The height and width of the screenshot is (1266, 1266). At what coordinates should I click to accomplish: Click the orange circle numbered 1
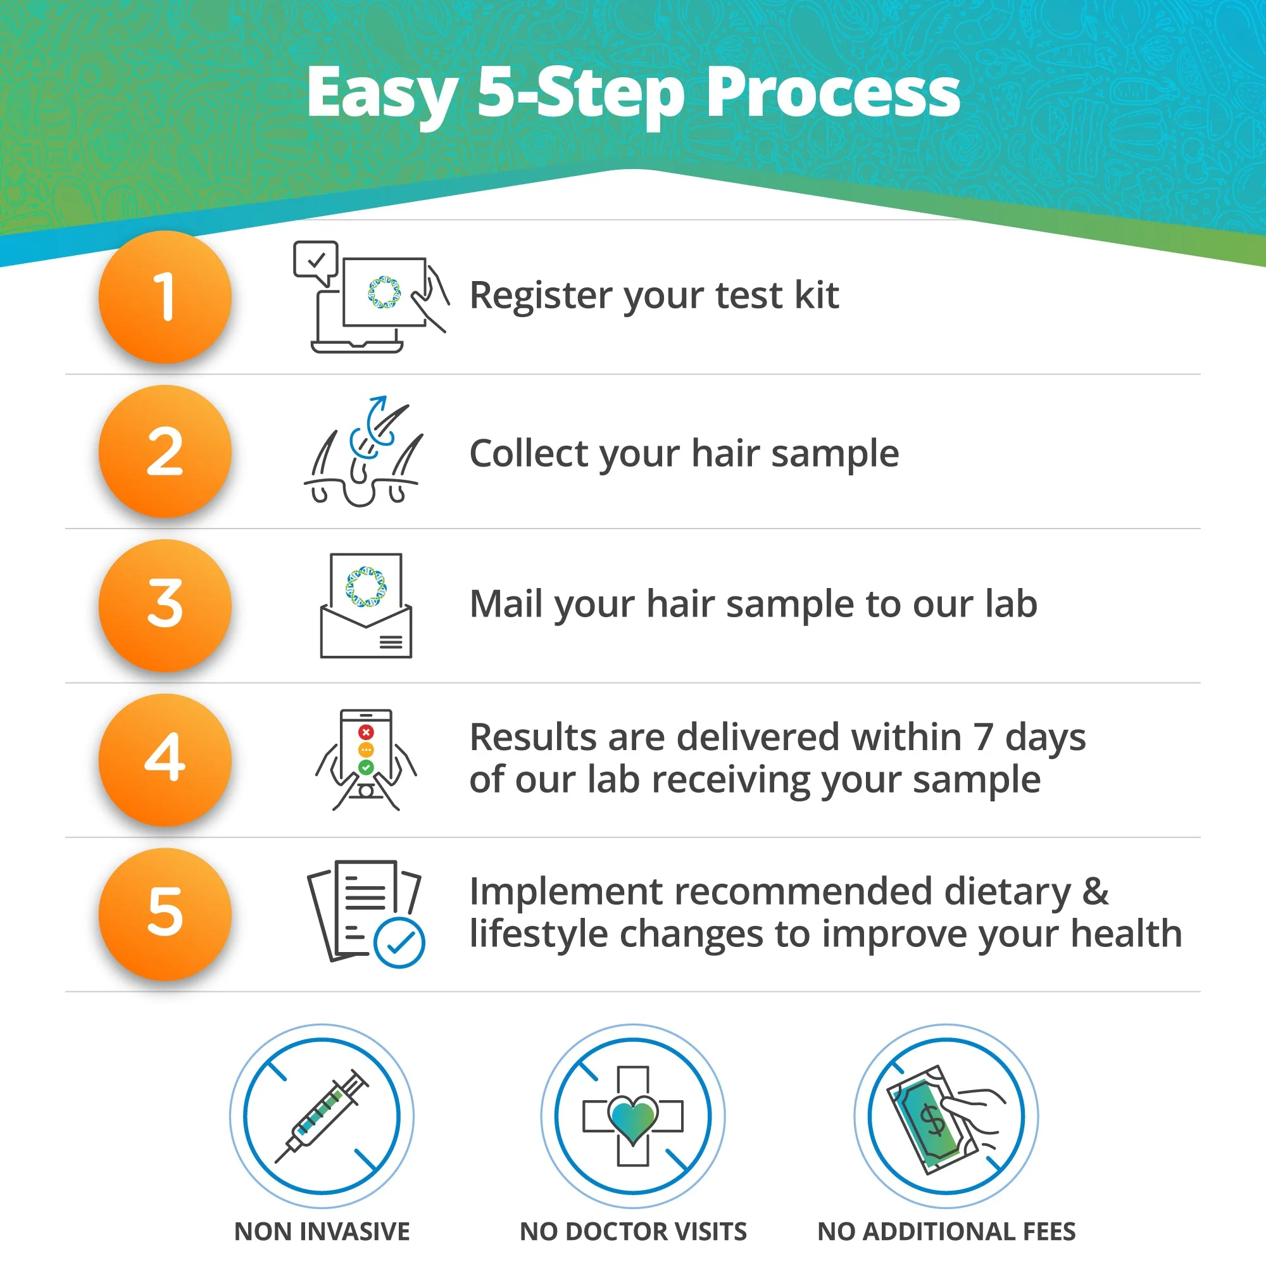coord(165,296)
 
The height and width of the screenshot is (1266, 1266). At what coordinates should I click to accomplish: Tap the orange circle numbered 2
coord(165,451)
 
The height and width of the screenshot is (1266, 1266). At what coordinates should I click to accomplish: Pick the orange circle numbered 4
coord(165,760)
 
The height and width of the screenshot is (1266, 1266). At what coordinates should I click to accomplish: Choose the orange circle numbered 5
coord(165,913)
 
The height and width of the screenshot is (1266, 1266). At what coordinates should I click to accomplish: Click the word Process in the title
coord(833,94)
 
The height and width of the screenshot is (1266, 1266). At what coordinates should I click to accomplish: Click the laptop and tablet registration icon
coord(371,297)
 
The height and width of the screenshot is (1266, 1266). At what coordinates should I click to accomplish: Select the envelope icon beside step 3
coord(366,606)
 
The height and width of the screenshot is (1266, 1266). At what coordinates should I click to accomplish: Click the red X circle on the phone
coord(366,732)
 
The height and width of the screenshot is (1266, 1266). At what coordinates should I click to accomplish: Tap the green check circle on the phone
coord(366,767)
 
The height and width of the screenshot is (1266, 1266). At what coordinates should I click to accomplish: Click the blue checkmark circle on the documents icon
coord(399,943)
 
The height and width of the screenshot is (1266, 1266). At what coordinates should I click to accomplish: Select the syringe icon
coord(321,1117)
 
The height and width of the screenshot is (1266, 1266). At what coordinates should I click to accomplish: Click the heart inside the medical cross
coord(633,1119)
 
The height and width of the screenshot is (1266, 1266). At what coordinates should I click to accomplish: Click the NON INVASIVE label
coord(322,1232)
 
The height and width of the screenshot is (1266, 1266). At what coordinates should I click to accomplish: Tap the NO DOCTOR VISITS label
coord(633,1232)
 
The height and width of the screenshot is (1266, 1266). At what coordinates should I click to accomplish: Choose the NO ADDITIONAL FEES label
coord(946,1232)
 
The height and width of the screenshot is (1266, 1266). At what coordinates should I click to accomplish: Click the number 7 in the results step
coord(983,737)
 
